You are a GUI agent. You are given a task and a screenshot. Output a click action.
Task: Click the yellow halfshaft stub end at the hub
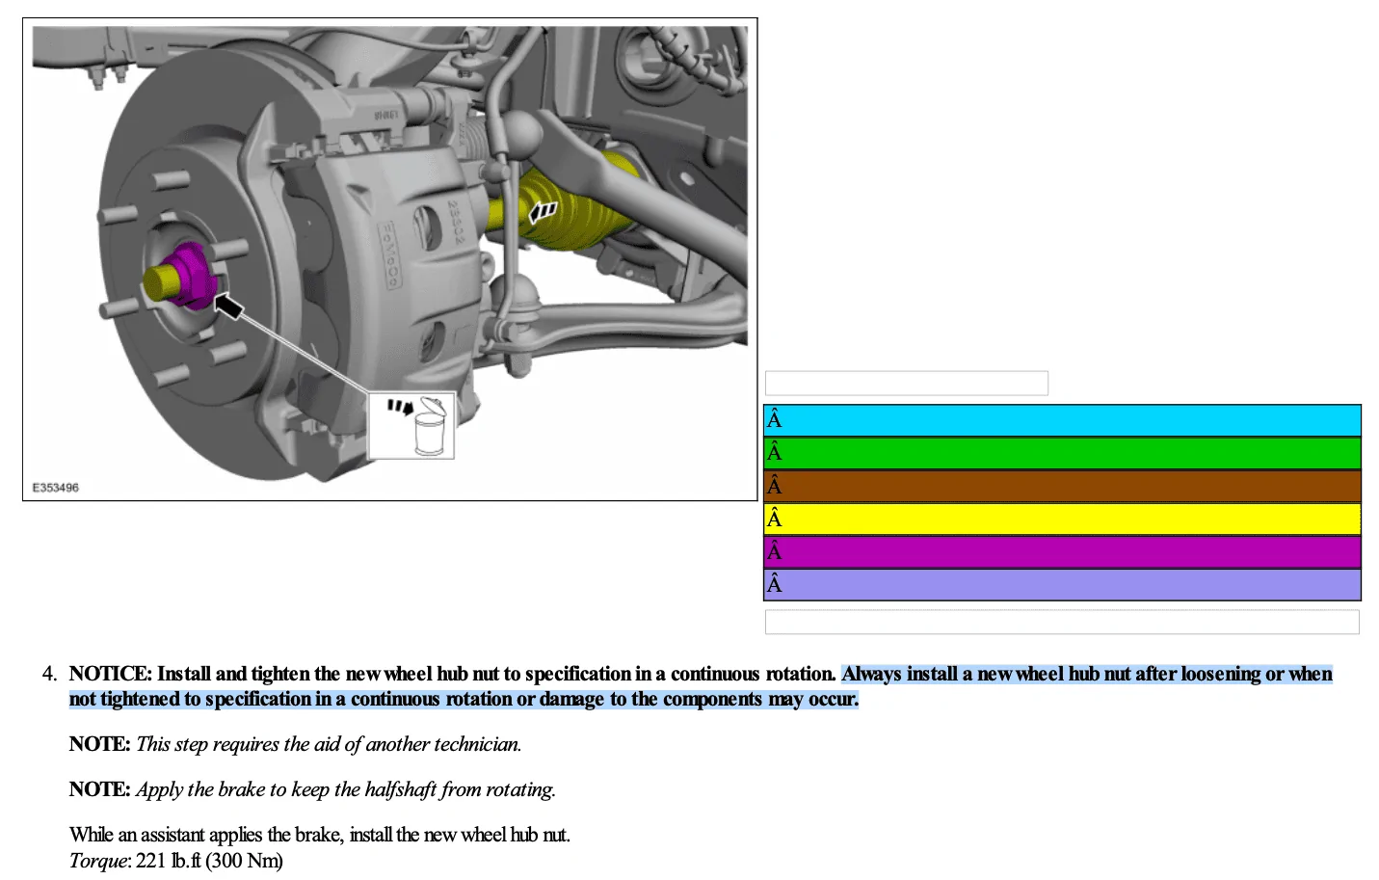(x=160, y=283)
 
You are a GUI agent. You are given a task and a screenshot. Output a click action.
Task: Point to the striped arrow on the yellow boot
(x=543, y=212)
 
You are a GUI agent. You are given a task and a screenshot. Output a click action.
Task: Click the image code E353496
(x=55, y=488)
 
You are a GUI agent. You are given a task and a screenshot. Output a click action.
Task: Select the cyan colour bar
(x=1062, y=420)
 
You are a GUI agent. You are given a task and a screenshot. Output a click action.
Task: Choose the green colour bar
(x=1062, y=453)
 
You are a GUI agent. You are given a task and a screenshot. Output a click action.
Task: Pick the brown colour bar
(x=1062, y=487)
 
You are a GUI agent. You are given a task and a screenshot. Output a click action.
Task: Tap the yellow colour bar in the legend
(x=1062, y=520)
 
